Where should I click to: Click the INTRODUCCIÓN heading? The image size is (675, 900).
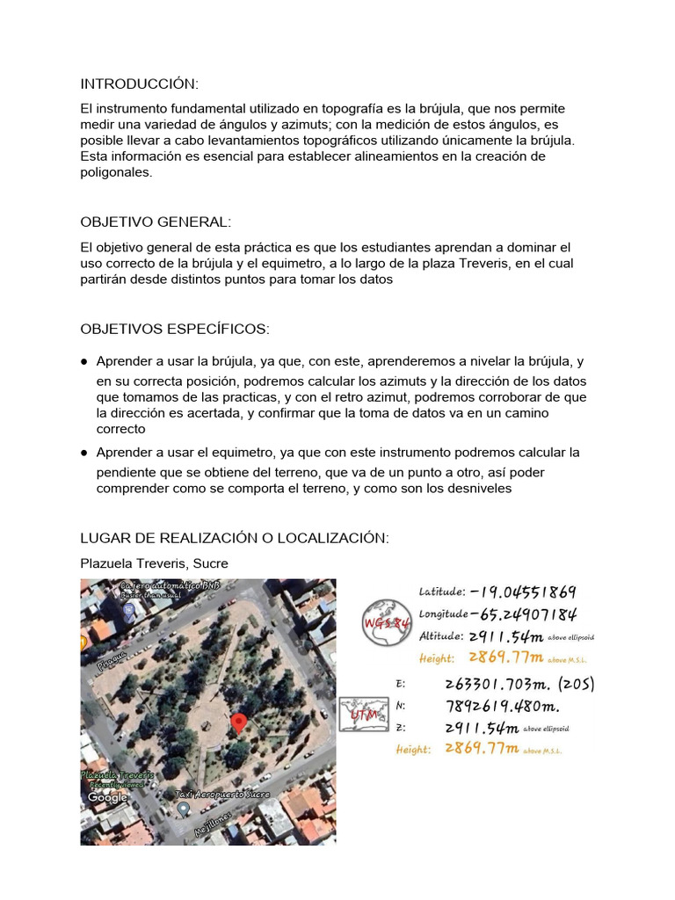(x=140, y=84)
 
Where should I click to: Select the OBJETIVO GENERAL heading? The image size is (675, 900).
(x=156, y=222)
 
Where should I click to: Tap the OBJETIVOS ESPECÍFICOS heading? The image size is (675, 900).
(x=175, y=329)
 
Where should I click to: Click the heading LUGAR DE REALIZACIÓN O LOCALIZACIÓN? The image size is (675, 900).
(x=234, y=537)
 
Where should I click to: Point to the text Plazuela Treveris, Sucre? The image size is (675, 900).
(x=154, y=562)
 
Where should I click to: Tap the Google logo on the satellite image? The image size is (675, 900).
(x=107, y=797)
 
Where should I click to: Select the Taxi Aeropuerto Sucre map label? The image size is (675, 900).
(x=227, y=794)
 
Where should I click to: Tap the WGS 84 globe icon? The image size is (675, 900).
(x=387, y=622)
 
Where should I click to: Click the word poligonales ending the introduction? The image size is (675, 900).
(x=116, y=172)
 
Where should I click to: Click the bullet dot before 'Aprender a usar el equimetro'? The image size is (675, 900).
(x=84, y=453)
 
